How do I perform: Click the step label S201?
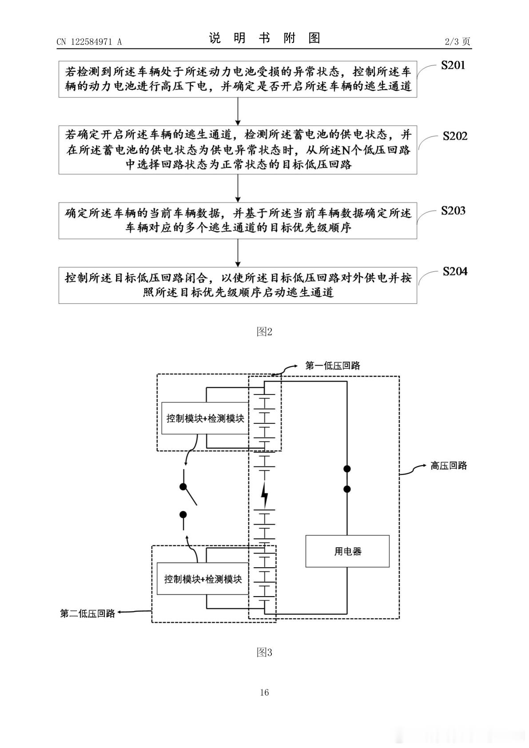[x=453, y=65]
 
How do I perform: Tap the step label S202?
[x=455, y=136]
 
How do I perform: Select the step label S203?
[x=453, y=211]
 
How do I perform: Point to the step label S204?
[x=455, y=271]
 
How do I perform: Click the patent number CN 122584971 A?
[x=89, y=42]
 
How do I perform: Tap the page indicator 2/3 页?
[x=457, y=41]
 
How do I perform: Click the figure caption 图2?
[x=264, y=331]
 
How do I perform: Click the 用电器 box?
[x=347, y=551]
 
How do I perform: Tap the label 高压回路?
[x=449, y=466]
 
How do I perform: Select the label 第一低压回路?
[x=333, y=365]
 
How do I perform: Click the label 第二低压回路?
[x=88, y=613]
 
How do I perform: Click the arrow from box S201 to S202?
[x=238, y=111]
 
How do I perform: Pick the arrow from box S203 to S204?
[x=238, y=253]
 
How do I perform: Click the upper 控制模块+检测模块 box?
[x=205, y=418]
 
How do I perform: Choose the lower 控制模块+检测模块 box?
[x=203, y=579]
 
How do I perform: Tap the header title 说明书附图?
[x=265, y=38]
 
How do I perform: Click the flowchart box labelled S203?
[x=238, y=220]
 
